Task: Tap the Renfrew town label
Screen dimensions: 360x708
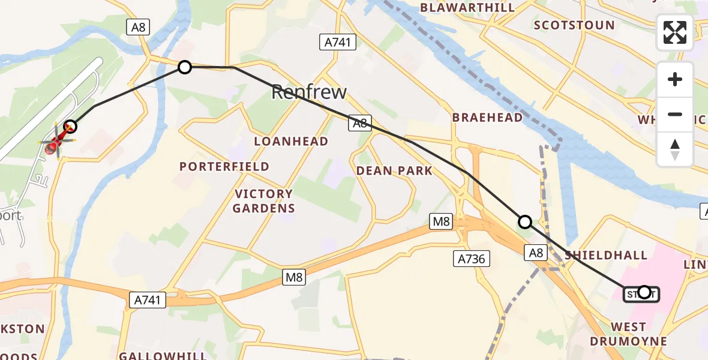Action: coord(309,92)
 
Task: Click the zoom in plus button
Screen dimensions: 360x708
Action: coord(675,79)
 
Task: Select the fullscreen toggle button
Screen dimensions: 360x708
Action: coord(675,32)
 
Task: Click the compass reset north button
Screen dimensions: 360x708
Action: coord(675,149)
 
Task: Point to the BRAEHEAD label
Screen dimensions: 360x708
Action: coord(487,118)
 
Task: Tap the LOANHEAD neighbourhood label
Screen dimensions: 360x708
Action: coord(291,142)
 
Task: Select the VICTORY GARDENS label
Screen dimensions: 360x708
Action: coord(264,201)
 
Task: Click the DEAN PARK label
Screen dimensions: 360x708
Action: coord(394,171)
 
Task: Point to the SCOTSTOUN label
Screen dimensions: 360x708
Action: coord(574,25)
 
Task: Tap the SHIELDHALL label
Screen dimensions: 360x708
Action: coord(606,256)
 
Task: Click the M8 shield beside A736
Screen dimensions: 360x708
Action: coord(442,222)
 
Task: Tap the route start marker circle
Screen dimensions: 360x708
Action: coord(644,292)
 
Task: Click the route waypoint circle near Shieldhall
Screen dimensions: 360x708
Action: coord(525,222)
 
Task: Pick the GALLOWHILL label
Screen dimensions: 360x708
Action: coord(163,355)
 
